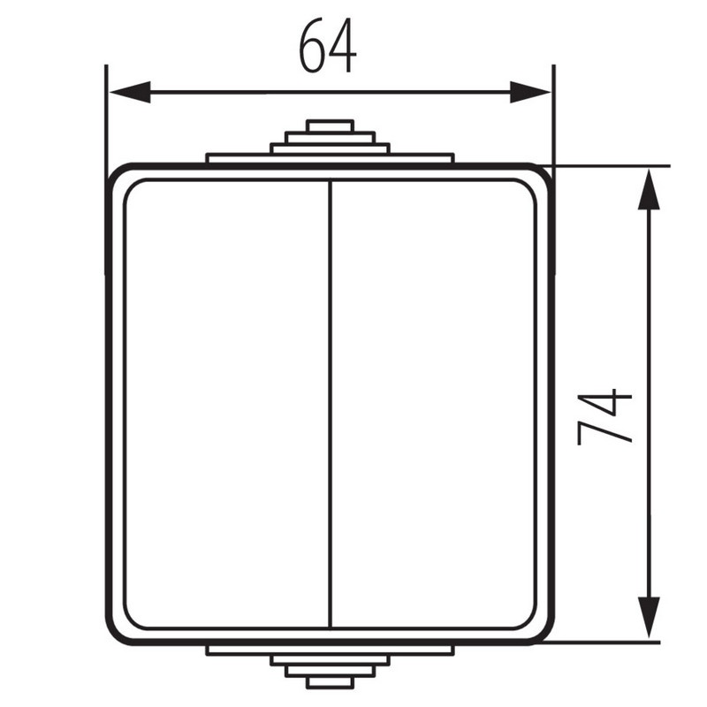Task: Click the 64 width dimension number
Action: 328,46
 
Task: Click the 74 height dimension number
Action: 604,417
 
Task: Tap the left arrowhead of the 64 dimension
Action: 130,92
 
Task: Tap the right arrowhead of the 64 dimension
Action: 530,92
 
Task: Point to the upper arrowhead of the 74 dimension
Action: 649,189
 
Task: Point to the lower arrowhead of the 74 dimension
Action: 649,617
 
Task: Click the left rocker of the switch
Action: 227,404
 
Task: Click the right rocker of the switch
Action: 434,404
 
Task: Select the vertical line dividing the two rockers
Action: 331,404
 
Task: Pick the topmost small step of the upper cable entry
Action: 330,125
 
